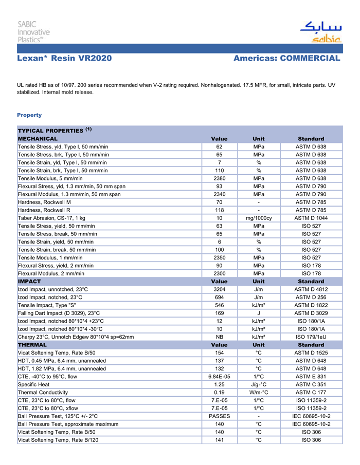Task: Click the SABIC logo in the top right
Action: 320,32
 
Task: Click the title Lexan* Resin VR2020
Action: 64,58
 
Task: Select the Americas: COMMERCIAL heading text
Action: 286,58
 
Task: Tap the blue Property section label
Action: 29,115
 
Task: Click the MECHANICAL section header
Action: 38,139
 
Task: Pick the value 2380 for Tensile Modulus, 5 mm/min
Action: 219,178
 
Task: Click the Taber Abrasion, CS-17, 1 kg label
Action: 51,218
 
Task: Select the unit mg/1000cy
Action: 259,218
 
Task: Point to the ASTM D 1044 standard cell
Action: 311,218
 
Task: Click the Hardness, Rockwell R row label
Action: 45,210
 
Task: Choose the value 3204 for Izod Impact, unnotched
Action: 219,289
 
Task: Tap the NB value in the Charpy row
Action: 219,337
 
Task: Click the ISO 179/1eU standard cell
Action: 311,337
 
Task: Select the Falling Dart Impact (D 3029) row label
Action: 59,313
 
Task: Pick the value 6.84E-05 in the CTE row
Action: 219,376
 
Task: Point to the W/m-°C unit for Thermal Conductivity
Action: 259,392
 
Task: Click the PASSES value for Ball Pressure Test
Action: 219,416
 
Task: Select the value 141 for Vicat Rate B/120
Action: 219,440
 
